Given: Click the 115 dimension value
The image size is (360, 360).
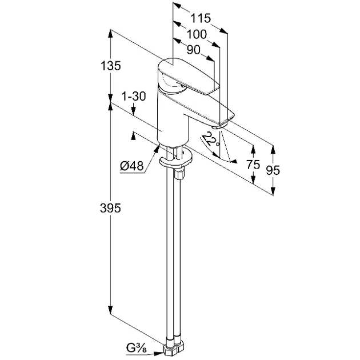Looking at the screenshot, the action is (201, 18).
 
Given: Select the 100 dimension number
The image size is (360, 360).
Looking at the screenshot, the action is (197, 34).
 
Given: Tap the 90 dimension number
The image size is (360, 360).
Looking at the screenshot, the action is (194, 50).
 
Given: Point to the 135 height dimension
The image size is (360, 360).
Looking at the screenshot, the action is (111, 66).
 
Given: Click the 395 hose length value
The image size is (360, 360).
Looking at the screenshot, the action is (110, 209).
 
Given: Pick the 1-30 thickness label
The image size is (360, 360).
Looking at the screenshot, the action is (134, 96).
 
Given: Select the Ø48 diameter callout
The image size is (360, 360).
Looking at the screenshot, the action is (132, 166).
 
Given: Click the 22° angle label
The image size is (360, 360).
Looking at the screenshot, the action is (211, 139).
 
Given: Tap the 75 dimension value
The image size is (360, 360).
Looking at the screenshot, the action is (253, 165).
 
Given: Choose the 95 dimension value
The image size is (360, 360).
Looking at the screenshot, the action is (273, 170).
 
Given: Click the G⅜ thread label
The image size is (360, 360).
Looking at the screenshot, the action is (136, 348).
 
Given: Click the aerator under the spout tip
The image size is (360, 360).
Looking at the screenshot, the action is (219, 126).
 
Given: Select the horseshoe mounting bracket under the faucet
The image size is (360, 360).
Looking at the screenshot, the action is (175, 159).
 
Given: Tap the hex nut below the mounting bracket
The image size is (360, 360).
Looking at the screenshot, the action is (179, 174).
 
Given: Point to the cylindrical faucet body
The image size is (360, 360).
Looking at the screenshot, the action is (173, 117).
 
